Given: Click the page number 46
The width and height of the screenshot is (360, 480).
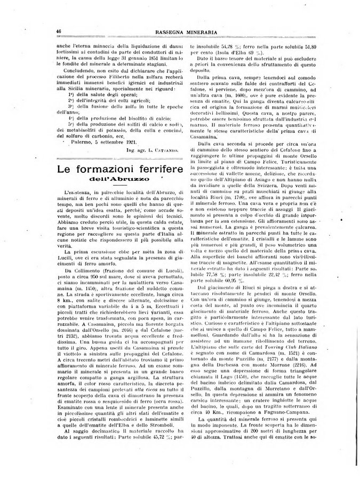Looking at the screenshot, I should click(x=58, y=32).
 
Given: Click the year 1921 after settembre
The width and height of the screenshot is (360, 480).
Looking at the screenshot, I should click(x=128, y=142).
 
